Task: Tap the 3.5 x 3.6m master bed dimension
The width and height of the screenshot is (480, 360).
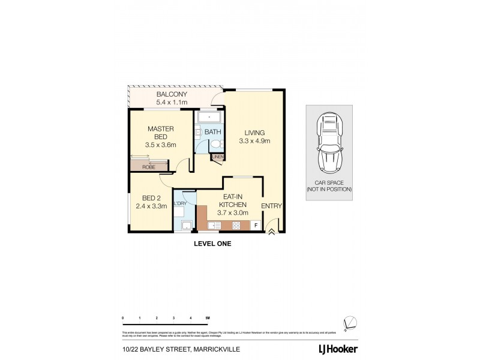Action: click(161, 145)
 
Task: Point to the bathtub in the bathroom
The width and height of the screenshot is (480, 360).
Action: click(209, 117)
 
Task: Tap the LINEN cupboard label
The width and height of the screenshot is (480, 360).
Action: click(218, 157)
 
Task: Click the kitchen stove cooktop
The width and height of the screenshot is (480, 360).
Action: click(236, 226)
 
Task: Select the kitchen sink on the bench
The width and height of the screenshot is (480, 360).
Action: click(214, 226)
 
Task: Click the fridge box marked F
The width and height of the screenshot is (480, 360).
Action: click(256, 226)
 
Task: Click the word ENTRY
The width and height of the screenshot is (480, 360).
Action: click(271, 206)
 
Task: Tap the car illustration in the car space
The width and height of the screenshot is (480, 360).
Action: click(328, 143)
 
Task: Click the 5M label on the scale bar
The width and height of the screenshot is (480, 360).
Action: click(208, 317)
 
